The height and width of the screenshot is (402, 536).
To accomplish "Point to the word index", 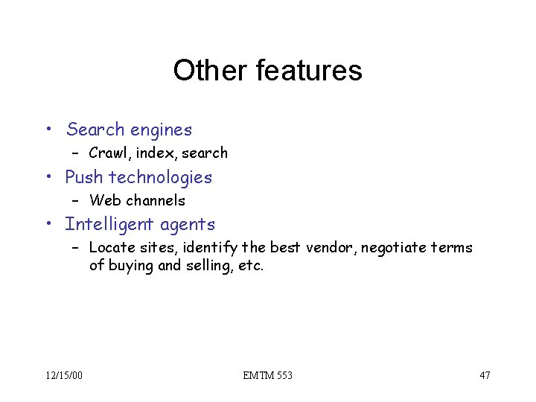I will click(152, 153).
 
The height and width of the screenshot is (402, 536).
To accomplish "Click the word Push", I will click(84, 177).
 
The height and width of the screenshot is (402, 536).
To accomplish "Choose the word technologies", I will click(161, 177).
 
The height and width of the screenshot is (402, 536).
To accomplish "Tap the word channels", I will click(156, 200).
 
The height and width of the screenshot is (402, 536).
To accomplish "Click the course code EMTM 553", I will click(267, 375).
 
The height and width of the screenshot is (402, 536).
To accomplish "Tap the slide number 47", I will click(485, 375).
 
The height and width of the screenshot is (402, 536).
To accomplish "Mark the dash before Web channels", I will click(76, 200).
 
